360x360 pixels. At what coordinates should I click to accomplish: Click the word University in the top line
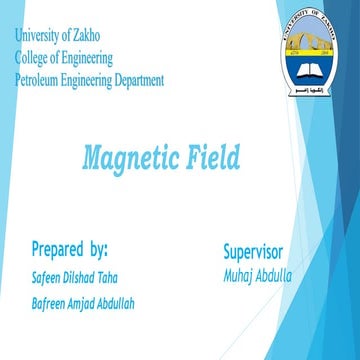38,37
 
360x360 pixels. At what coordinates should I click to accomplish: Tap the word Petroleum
39,81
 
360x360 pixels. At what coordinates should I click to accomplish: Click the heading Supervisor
254,251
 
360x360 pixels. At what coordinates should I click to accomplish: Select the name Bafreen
52,303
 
